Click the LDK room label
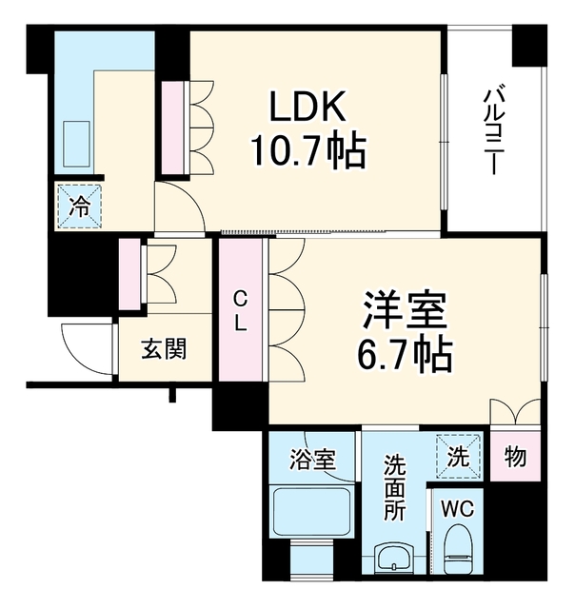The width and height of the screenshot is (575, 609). click(x=307, y=107)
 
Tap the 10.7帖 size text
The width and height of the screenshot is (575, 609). click(x=308, y=151)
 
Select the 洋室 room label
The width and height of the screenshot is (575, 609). click(x=405, y=309)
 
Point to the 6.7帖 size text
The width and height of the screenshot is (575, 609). click(x=405, y=354)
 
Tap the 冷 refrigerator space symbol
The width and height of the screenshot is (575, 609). click(x=79, y=206)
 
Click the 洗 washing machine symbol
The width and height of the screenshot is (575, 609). click(x=459, y=457)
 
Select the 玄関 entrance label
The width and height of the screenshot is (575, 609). click(x=164, y=348)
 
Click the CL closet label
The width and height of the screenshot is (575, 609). click(x=241, y=311)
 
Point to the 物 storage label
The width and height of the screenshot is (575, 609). click(x=515, y=457)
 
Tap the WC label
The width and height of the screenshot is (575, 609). click(x=458, y=508)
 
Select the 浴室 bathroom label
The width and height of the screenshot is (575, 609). click(x=312, y=459)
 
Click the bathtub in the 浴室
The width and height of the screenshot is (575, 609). click(x=312, y=511)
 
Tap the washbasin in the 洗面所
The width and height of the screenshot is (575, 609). click(x=394, y=558)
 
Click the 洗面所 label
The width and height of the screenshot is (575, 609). click(x=394, y=488)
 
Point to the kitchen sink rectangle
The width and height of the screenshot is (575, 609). click(x=76, y=144)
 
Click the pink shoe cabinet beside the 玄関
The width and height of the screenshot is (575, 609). click(x=129, y=274)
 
